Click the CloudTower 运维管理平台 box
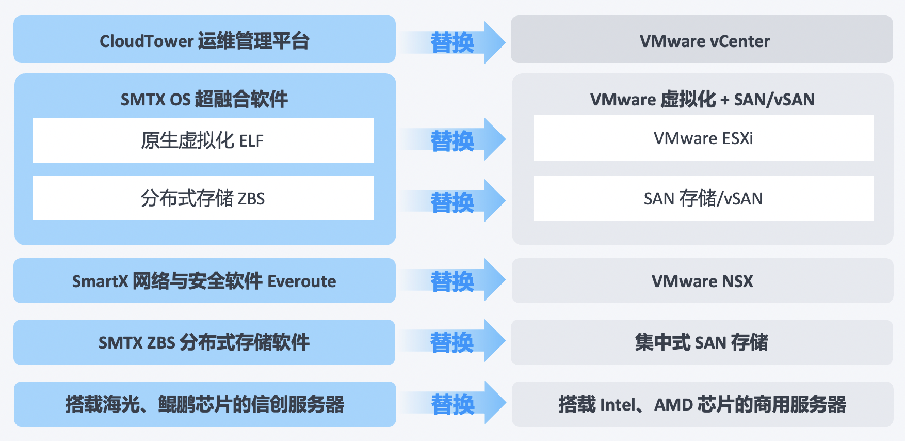(204, 40)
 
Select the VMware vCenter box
(702, 40)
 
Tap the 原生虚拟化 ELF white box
(203, 140)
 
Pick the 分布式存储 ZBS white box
(203, 198)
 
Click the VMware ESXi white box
(703, 138)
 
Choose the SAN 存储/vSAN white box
(703, 198)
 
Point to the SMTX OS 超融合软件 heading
(204, 99)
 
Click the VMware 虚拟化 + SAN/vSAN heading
(702, 99)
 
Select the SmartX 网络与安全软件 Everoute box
(204, 281)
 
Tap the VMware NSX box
(702, 281)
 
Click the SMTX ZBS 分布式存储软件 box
(204, 342)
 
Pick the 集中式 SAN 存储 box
(702, 342)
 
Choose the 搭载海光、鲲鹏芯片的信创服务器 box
(204, 404)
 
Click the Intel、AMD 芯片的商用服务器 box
(702, 404)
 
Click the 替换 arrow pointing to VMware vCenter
(453, 42)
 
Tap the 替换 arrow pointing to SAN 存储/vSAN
(453, 202)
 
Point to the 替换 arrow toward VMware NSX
(453, 281)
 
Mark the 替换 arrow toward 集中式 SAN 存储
(453, 342)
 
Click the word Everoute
(302, 281)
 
